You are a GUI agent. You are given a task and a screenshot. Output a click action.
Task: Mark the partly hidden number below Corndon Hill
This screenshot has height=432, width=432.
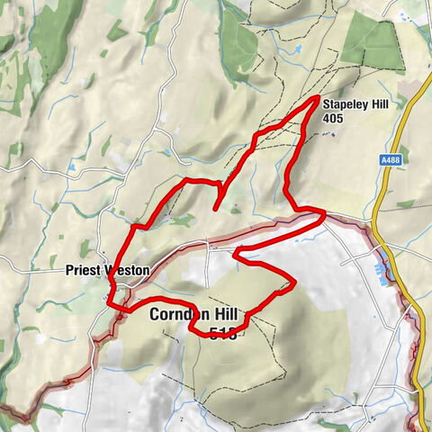pyautogui.click(x=221, y=335)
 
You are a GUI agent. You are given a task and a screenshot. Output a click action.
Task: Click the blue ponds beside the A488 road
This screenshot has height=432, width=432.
pyautogui.click(x=389, y=269)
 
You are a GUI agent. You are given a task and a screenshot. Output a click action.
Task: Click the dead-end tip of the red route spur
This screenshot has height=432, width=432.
pyautogui.click(x=216, y=209)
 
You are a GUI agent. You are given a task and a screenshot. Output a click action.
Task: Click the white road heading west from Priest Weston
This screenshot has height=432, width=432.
pyautogui.click(x=31, y=266)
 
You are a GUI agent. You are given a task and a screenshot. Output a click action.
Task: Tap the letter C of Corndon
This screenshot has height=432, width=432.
pyautogui.click(x=155, y=315)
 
